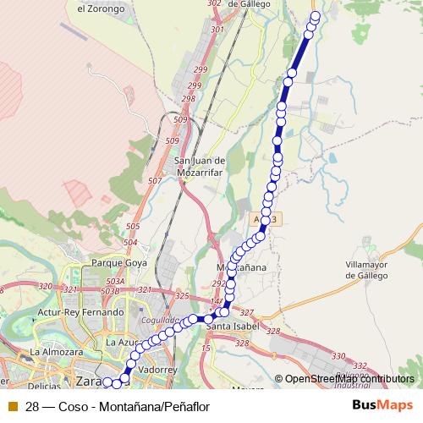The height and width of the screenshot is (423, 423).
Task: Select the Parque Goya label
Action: (x=120, y=263)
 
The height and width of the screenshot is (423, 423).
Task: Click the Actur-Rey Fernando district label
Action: (x=80, y=312)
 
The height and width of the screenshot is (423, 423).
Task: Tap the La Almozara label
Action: (x=55, y=351)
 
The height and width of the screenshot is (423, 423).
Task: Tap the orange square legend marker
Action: (x=12, y=405)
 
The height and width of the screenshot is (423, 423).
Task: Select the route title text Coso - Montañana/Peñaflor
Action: (x=118, y=405)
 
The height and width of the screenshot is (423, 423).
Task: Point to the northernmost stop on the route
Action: (x=316, y=16)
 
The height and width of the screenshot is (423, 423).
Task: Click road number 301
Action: (x=217, y=30)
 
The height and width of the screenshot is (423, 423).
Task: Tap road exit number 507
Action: (x=155, y=181)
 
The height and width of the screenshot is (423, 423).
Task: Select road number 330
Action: (x=338, y=356)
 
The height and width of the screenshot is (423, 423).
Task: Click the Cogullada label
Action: (x=162, y=321)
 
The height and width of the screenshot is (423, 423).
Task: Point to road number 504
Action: (x=129, y=243)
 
